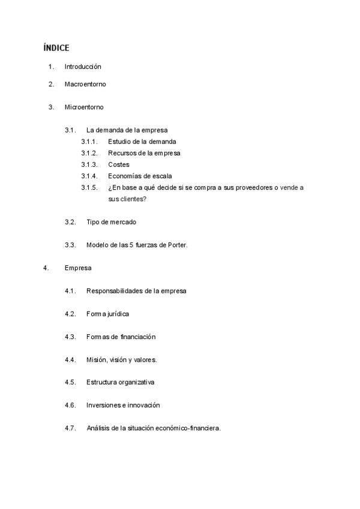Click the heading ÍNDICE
(56, 47)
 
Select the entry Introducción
(83, 67)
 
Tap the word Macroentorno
(85, 84)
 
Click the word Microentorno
(84, 107)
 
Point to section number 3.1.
(70, 130)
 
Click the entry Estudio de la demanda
(142, 142)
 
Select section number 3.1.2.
(89, 153)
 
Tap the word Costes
(119, 164)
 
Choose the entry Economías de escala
(140, 176)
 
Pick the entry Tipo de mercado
(111, 222)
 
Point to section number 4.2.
(70, 314)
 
